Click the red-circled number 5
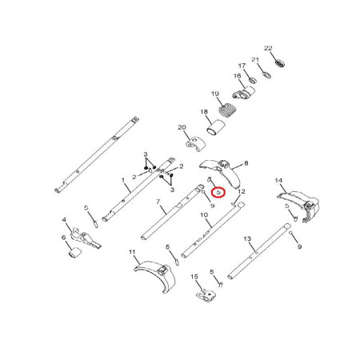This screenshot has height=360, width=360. (218, 192)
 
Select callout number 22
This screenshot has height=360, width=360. (268, 48)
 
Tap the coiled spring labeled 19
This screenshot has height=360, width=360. (227, 110)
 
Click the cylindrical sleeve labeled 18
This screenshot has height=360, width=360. (216, 128)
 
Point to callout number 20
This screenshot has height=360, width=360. (182, 127)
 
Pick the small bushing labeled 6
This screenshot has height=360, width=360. (74, 253)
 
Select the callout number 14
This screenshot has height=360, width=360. (278, 181)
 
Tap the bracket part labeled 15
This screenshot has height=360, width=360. (206, 294)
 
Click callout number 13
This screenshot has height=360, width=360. (247, 238)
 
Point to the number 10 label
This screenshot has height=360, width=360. (204, 214)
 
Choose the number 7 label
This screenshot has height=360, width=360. (158, 202)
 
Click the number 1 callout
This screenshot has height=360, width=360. (123, 180)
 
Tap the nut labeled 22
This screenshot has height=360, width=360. (280, 63)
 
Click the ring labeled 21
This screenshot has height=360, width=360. (266, 75)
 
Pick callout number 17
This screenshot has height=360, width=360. (242, 66)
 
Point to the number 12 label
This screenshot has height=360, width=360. (242, 191)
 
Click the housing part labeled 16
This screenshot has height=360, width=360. (244, 93)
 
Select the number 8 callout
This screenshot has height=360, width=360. (246, 162)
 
